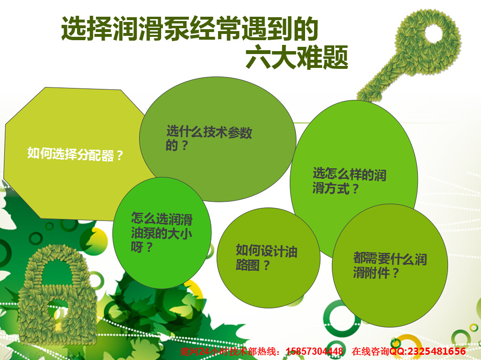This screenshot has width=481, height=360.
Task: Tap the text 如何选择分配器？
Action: pyautogui.click(x=76, y=155)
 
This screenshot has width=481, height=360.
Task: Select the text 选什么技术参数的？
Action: pyautogui.click(x=209, y=139)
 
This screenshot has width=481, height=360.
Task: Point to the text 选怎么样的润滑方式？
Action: pyautogui.click(x=349, y=181)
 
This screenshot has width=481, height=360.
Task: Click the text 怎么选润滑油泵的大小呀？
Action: pyautogui.click(x=162, y=233)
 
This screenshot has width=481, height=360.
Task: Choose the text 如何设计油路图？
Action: pyautogui.click(x=266, y=258)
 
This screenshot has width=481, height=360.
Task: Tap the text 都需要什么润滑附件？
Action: pyautogui.click(x=389, y=266)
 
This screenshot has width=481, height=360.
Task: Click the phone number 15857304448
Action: pyautogui.click(x=315, y=352)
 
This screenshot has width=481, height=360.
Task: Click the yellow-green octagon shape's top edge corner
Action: pyautogui.click(x=45, y=87)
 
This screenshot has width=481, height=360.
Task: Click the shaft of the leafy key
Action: pyautogui.click(x=383, y=76)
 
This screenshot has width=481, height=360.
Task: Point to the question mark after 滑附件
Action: pyautogui.click(x=395, y=273)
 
